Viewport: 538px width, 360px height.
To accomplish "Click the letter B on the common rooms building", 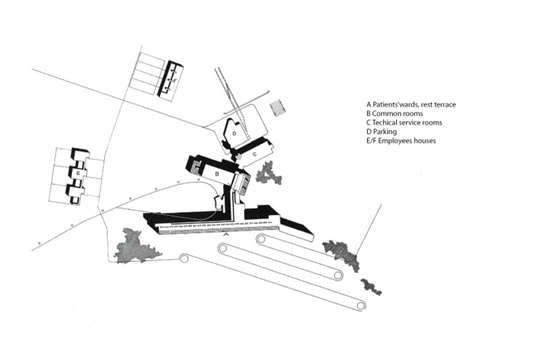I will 217,173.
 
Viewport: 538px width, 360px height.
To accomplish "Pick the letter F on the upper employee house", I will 176,80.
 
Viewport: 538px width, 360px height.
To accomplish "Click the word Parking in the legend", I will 386,132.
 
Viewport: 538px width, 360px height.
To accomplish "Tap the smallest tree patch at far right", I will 371,287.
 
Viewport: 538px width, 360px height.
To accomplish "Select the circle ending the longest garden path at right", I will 361,306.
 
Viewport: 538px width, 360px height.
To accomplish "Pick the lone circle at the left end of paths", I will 184,257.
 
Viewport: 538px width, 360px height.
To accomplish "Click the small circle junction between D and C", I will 237,155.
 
